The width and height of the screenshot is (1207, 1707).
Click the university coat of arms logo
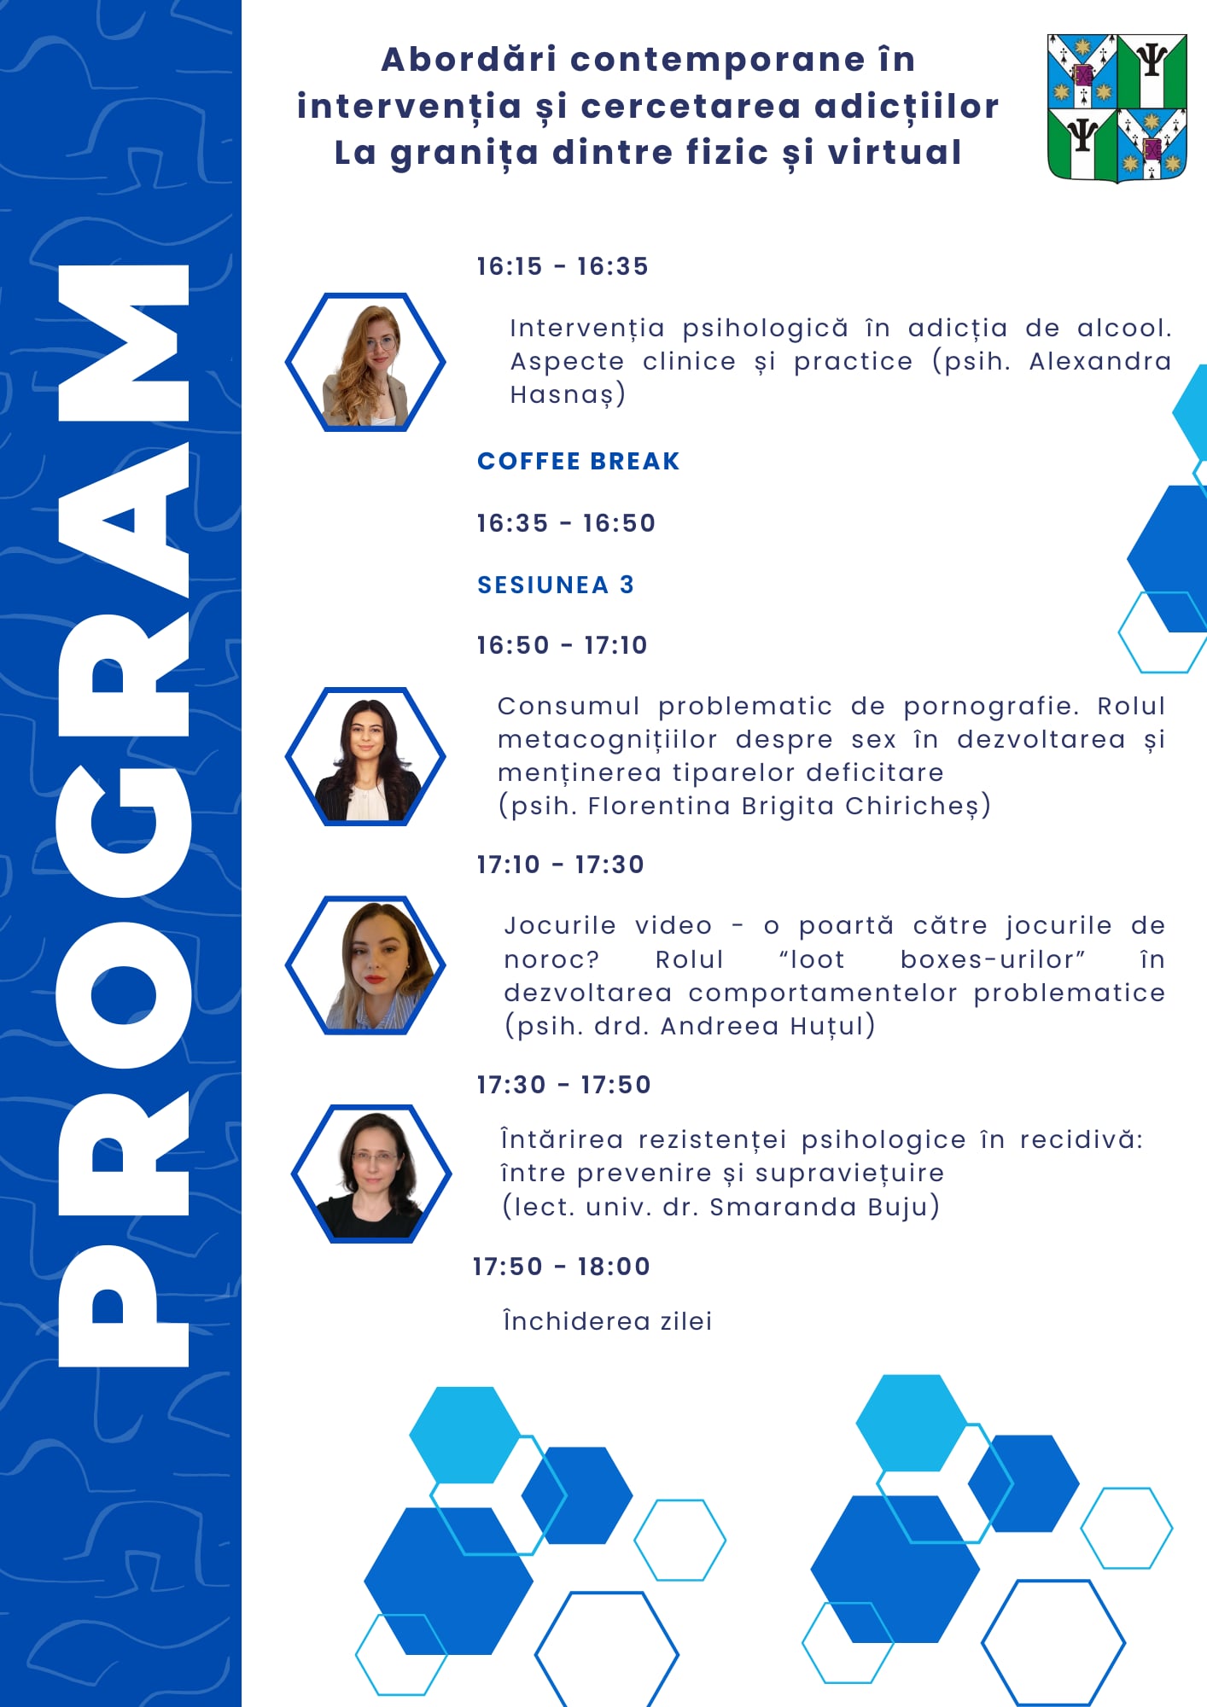(1117, 108)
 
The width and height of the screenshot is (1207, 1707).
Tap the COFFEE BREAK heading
(578, 461)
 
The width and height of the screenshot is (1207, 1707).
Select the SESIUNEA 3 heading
(555, 585)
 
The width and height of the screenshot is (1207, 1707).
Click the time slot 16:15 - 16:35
(562, 266)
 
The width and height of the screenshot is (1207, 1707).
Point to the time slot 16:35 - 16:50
(565, 523)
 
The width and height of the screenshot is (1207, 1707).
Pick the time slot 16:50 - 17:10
(562, 645)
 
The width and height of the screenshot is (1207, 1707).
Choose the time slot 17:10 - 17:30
(560, 865)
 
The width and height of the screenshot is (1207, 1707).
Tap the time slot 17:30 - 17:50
(563, 1085)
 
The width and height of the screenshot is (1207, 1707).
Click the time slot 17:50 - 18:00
(561, 1267)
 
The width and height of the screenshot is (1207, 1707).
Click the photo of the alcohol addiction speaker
(365, 362)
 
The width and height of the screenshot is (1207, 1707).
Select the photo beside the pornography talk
(365, 756)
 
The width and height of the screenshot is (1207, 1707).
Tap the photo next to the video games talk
(365, 964)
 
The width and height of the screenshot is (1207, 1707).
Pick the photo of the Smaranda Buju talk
(371, 1174)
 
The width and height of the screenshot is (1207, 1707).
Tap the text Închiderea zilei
(607, 1321)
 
